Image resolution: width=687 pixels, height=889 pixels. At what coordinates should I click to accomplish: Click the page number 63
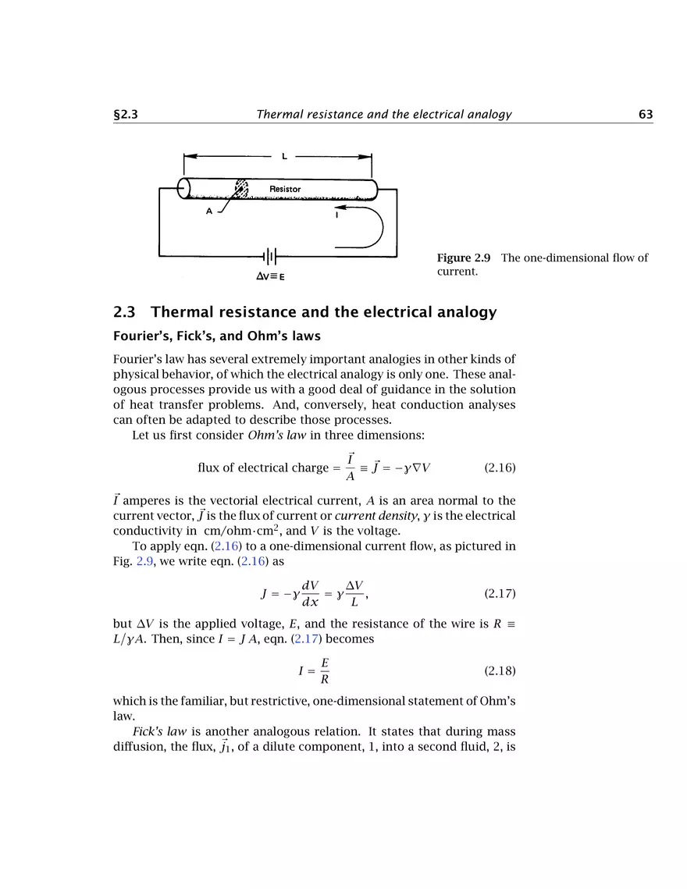(x=645, y=115)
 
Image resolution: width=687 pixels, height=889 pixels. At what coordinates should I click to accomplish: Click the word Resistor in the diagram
(x=285, y=189)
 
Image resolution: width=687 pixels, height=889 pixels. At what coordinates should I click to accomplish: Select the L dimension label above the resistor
(x=284, y=156)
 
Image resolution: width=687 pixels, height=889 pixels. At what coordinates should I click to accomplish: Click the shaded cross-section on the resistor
(x=242, y=190)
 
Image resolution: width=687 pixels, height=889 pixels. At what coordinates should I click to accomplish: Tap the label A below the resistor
(x=209, y=216)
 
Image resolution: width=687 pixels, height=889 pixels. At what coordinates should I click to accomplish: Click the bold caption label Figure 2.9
(x=464, y=258)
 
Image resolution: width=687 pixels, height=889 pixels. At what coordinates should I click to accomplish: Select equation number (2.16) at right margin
(x=500, y=468)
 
